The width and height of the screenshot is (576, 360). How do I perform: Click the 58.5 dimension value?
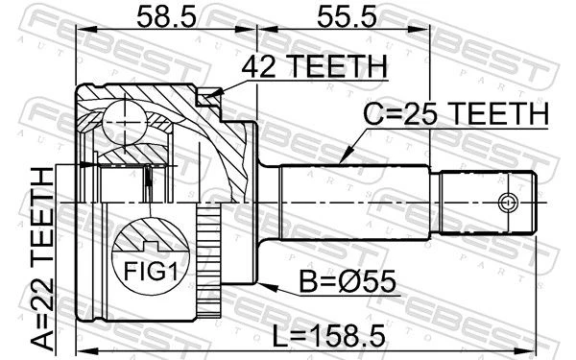tap(166, 17)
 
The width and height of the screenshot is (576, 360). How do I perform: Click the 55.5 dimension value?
tap(347, 17)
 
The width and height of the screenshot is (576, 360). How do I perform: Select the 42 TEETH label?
tap(315, 66)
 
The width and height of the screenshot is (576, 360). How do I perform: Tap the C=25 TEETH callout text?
tap(456, 114)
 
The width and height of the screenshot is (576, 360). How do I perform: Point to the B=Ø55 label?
tap(348, 281)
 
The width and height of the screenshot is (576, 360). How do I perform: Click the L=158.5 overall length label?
tap(328, 336)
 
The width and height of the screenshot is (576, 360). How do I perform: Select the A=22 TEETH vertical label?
tap(42, 259)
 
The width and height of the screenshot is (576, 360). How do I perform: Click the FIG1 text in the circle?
tap(151, 272)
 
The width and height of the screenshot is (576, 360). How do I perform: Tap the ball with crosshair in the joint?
tap(125, 122)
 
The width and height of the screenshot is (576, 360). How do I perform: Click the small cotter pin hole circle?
tap(508, 203)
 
